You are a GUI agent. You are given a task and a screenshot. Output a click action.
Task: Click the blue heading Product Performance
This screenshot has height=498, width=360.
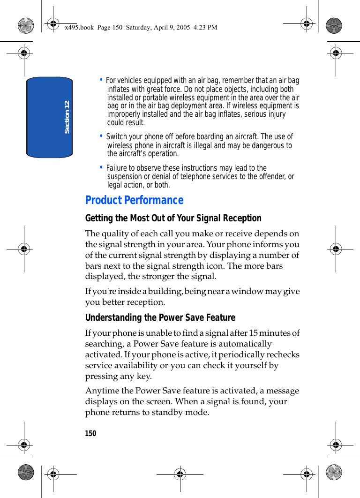134,200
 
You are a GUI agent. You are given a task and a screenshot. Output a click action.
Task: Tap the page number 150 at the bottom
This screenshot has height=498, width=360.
90,433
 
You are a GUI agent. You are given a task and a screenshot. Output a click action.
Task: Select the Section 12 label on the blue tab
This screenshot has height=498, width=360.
67,117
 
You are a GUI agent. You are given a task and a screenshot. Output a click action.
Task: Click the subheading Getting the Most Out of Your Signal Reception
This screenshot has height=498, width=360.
173,218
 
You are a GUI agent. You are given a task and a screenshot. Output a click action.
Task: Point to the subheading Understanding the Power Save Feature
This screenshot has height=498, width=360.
160,317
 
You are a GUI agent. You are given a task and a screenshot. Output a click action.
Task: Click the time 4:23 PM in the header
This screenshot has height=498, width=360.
206,27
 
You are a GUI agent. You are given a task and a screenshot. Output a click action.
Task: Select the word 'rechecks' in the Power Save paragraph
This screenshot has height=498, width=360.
283,355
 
